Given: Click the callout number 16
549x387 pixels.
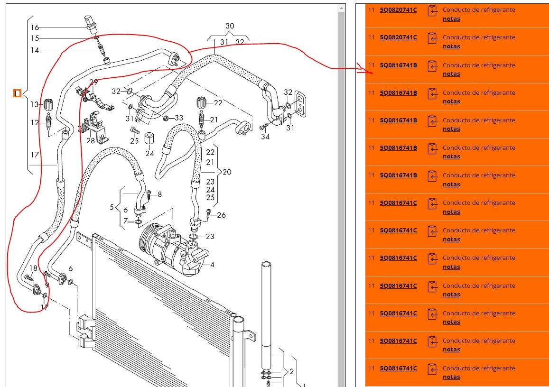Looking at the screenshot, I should coord(35,28).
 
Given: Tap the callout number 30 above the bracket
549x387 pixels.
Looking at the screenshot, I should coord(230,26).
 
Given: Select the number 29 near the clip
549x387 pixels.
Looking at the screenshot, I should coord(93,83).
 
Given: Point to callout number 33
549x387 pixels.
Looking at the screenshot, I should coord(178,118).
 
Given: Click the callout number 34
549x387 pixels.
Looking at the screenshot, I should coord(265,137).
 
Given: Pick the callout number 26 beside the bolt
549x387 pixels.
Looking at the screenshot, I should coord(221,215).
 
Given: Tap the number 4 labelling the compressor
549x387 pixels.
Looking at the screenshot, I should coord(212,265).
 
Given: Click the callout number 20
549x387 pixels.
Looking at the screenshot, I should coord(227,172).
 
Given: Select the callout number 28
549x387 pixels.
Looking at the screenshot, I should coord(91,140).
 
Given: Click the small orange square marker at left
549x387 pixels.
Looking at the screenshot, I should coord(17,93).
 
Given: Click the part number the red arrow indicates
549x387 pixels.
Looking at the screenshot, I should coord(398,65).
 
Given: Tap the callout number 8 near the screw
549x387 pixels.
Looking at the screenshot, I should coord(159,194).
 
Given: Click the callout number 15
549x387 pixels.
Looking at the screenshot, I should coord(35,38).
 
